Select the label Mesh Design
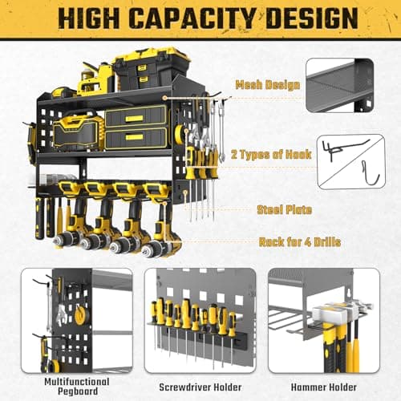pyautogui.click(x=268, y=83)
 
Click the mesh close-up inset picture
pyautogui.click(x=350, y=88)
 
